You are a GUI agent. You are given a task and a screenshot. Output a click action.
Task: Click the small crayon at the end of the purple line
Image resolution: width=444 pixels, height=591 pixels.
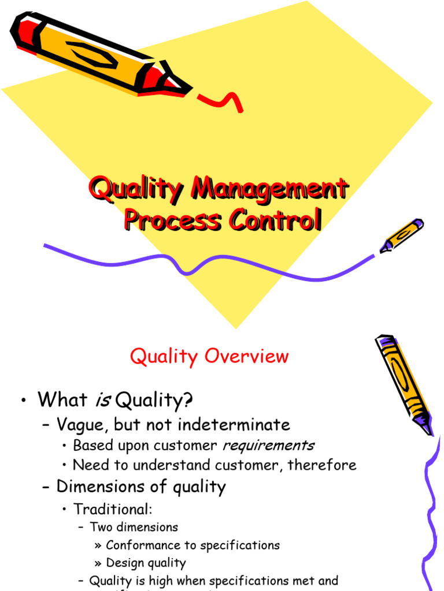click(401, 235)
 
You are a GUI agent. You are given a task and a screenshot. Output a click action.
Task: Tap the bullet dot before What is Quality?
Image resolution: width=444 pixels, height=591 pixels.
click(23, 400)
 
